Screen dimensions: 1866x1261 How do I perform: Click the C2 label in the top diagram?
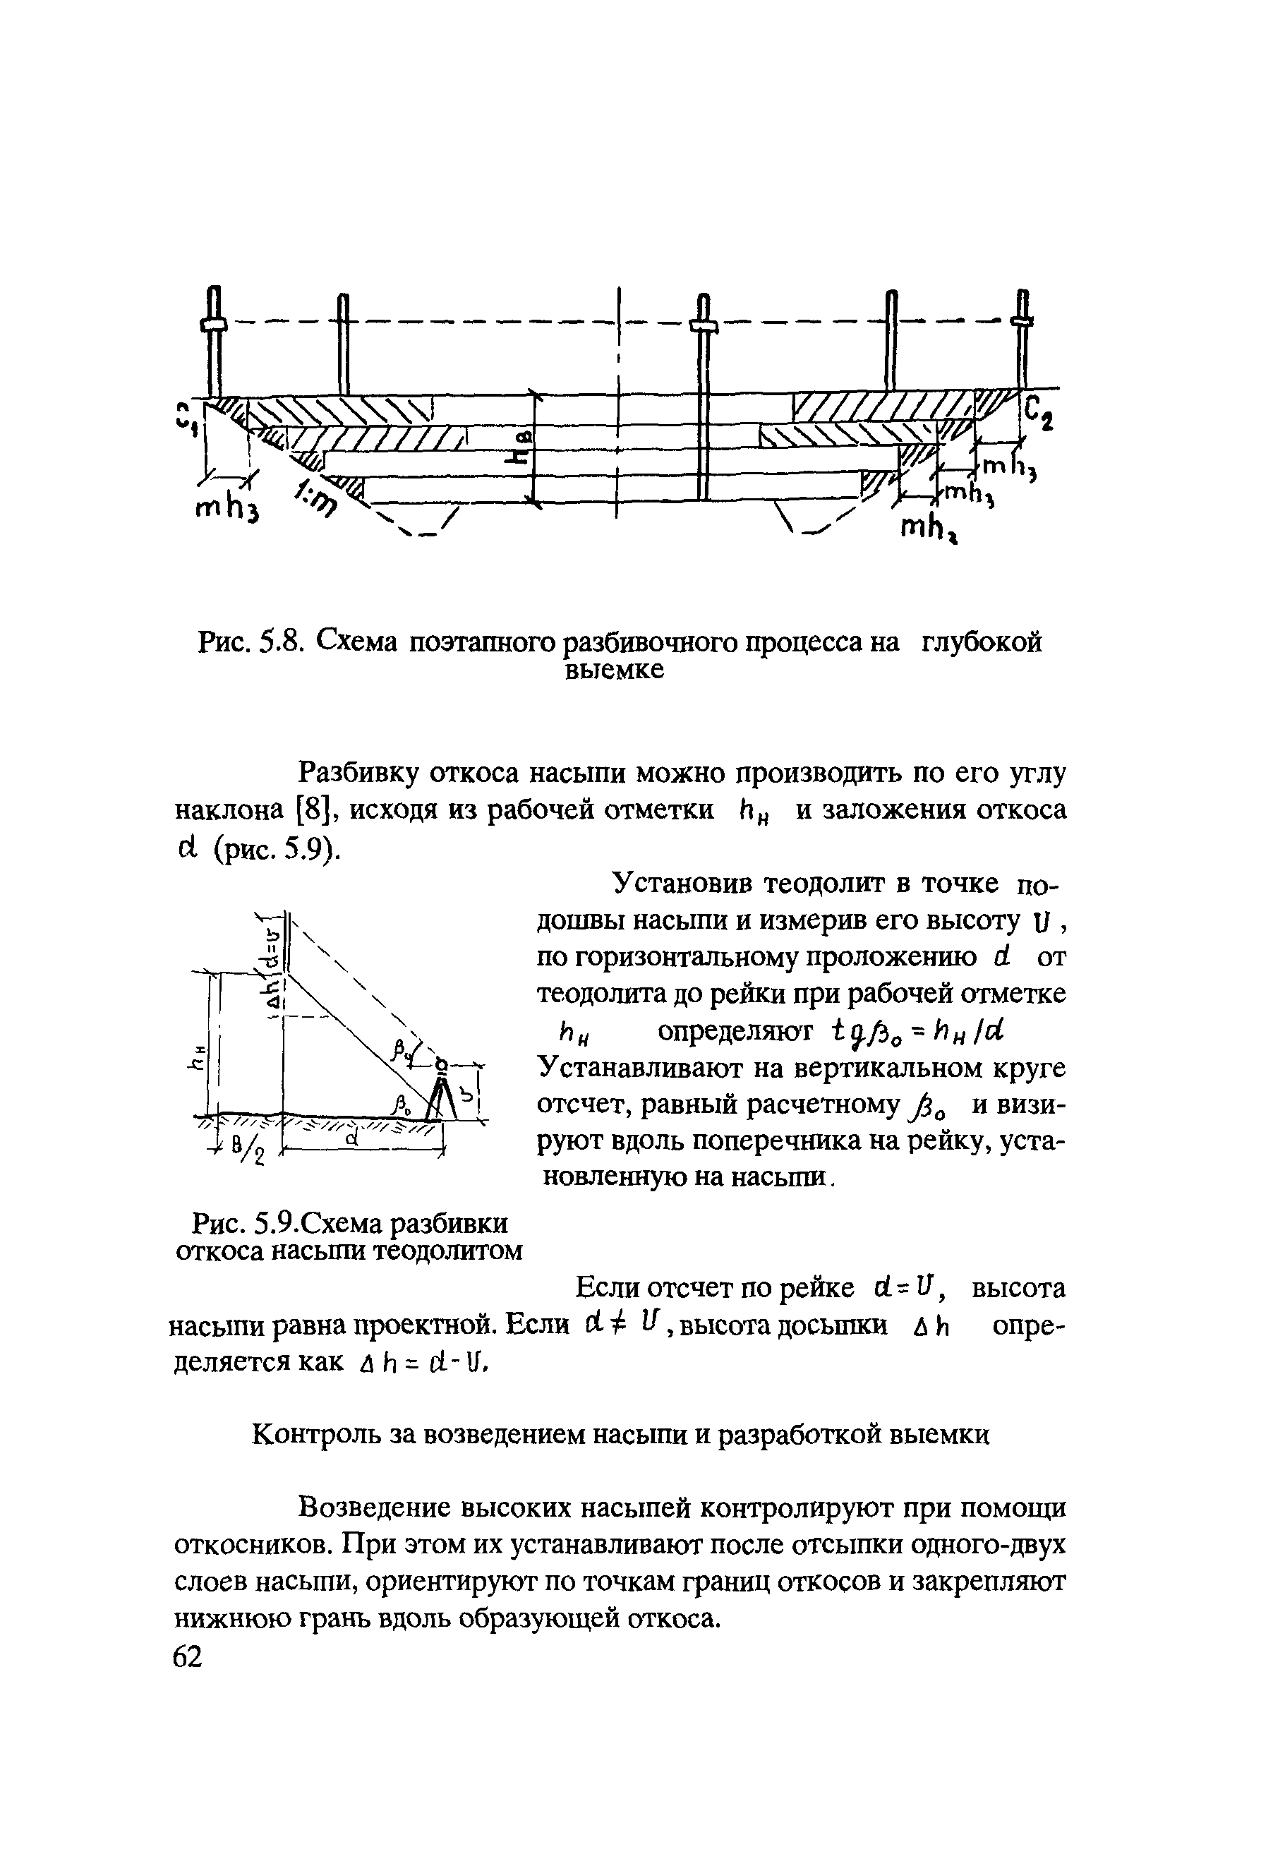(x=1038, y=412)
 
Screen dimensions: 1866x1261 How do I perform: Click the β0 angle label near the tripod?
(x=402, y=1104)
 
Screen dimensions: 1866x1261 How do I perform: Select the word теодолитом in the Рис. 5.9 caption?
(x=450, y=1250)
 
